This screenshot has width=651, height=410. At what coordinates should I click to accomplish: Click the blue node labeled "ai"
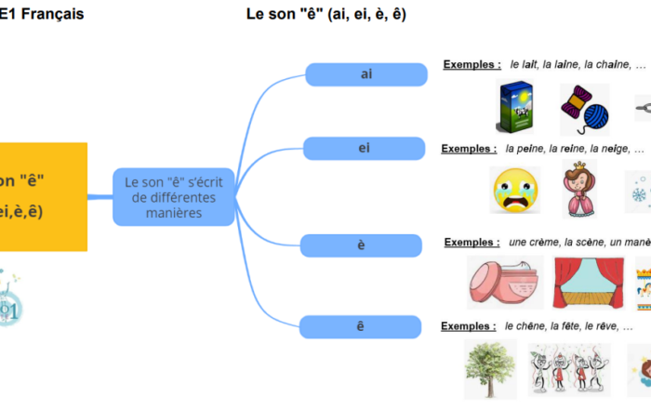click(x=365, y=74)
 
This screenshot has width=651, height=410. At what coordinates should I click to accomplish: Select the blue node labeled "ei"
click(x=363, y=148)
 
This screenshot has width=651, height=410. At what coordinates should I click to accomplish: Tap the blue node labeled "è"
click(x=361, y=245)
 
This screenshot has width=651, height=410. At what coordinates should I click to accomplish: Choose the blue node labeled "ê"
click(x=361, y=325)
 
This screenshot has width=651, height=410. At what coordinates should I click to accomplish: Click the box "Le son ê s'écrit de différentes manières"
click(x=173, y=197)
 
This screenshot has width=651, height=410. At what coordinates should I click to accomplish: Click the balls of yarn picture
click(x=584, y=109)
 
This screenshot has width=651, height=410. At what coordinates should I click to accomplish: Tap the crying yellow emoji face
click(x=514, y=191)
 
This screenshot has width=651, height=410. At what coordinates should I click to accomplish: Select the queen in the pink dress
click(x=578, y=188)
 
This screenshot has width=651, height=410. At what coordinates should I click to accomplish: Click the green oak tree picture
click(x=489, y=368)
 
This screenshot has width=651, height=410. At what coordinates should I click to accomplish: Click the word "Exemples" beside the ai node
click(x=472, y=65)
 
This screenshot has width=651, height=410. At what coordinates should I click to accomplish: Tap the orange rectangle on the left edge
click(x=43, y=196)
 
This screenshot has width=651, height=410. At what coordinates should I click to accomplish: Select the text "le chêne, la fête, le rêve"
click(x=562, y=326)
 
